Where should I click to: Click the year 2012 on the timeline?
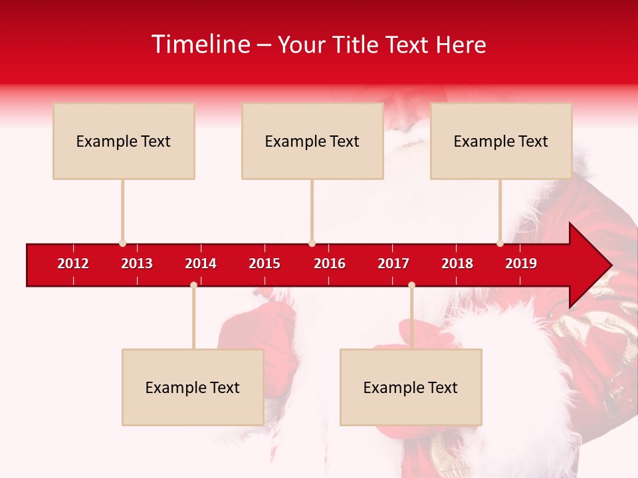(73, 264)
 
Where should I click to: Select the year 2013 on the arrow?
(137, 264)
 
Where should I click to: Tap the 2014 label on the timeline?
(201, 264)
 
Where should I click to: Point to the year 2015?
(265, 264)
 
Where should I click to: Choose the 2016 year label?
(330, 264)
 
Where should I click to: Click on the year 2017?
(393, 264)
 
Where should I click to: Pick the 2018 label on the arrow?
(457, 264)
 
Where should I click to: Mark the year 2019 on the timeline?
(521, 264)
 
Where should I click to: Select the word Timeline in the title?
(200, 44)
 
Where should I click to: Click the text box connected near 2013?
(124, 141)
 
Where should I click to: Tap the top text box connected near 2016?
(312, 141)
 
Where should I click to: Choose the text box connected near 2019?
(501, 141)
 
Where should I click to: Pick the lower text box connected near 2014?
(193, 387)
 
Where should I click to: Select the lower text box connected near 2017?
(411, 387)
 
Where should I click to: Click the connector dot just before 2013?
(122, 244)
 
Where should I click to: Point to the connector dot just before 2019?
(500, 244)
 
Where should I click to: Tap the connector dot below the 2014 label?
(193, 285)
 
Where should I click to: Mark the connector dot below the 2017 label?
(411, 285)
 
